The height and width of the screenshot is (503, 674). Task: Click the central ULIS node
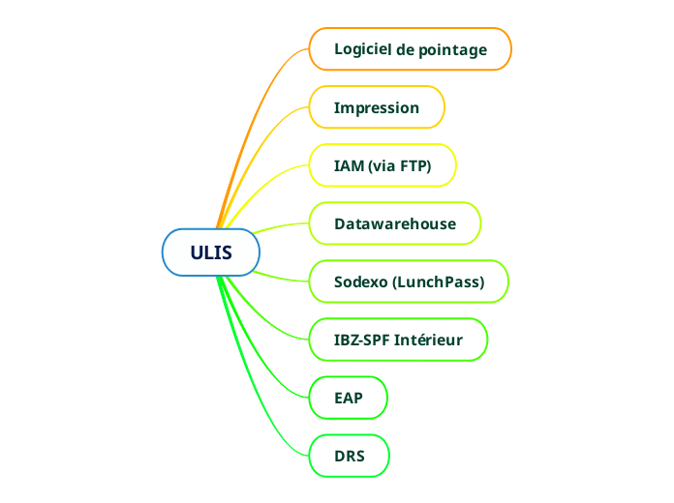pos(211,252)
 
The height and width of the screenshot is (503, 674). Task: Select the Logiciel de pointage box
pos(410,49)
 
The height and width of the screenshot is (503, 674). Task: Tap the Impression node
pos(377,107)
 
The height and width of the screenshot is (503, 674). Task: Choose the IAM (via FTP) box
pos(383,165)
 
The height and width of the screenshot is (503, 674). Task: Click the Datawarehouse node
pos(395,223)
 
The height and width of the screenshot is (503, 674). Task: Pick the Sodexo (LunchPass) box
pos(409,281)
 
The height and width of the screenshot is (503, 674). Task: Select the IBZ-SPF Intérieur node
pos(398,340)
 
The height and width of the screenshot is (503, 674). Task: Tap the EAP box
pos(349,398)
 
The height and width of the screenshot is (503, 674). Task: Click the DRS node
pos(350,456)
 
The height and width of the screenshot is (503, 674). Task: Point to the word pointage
pos(453,49)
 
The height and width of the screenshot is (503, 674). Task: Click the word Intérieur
pos(427,340)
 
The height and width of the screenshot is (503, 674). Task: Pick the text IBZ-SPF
pos(361,340)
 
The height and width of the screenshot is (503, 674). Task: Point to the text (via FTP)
pos(400,165)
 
